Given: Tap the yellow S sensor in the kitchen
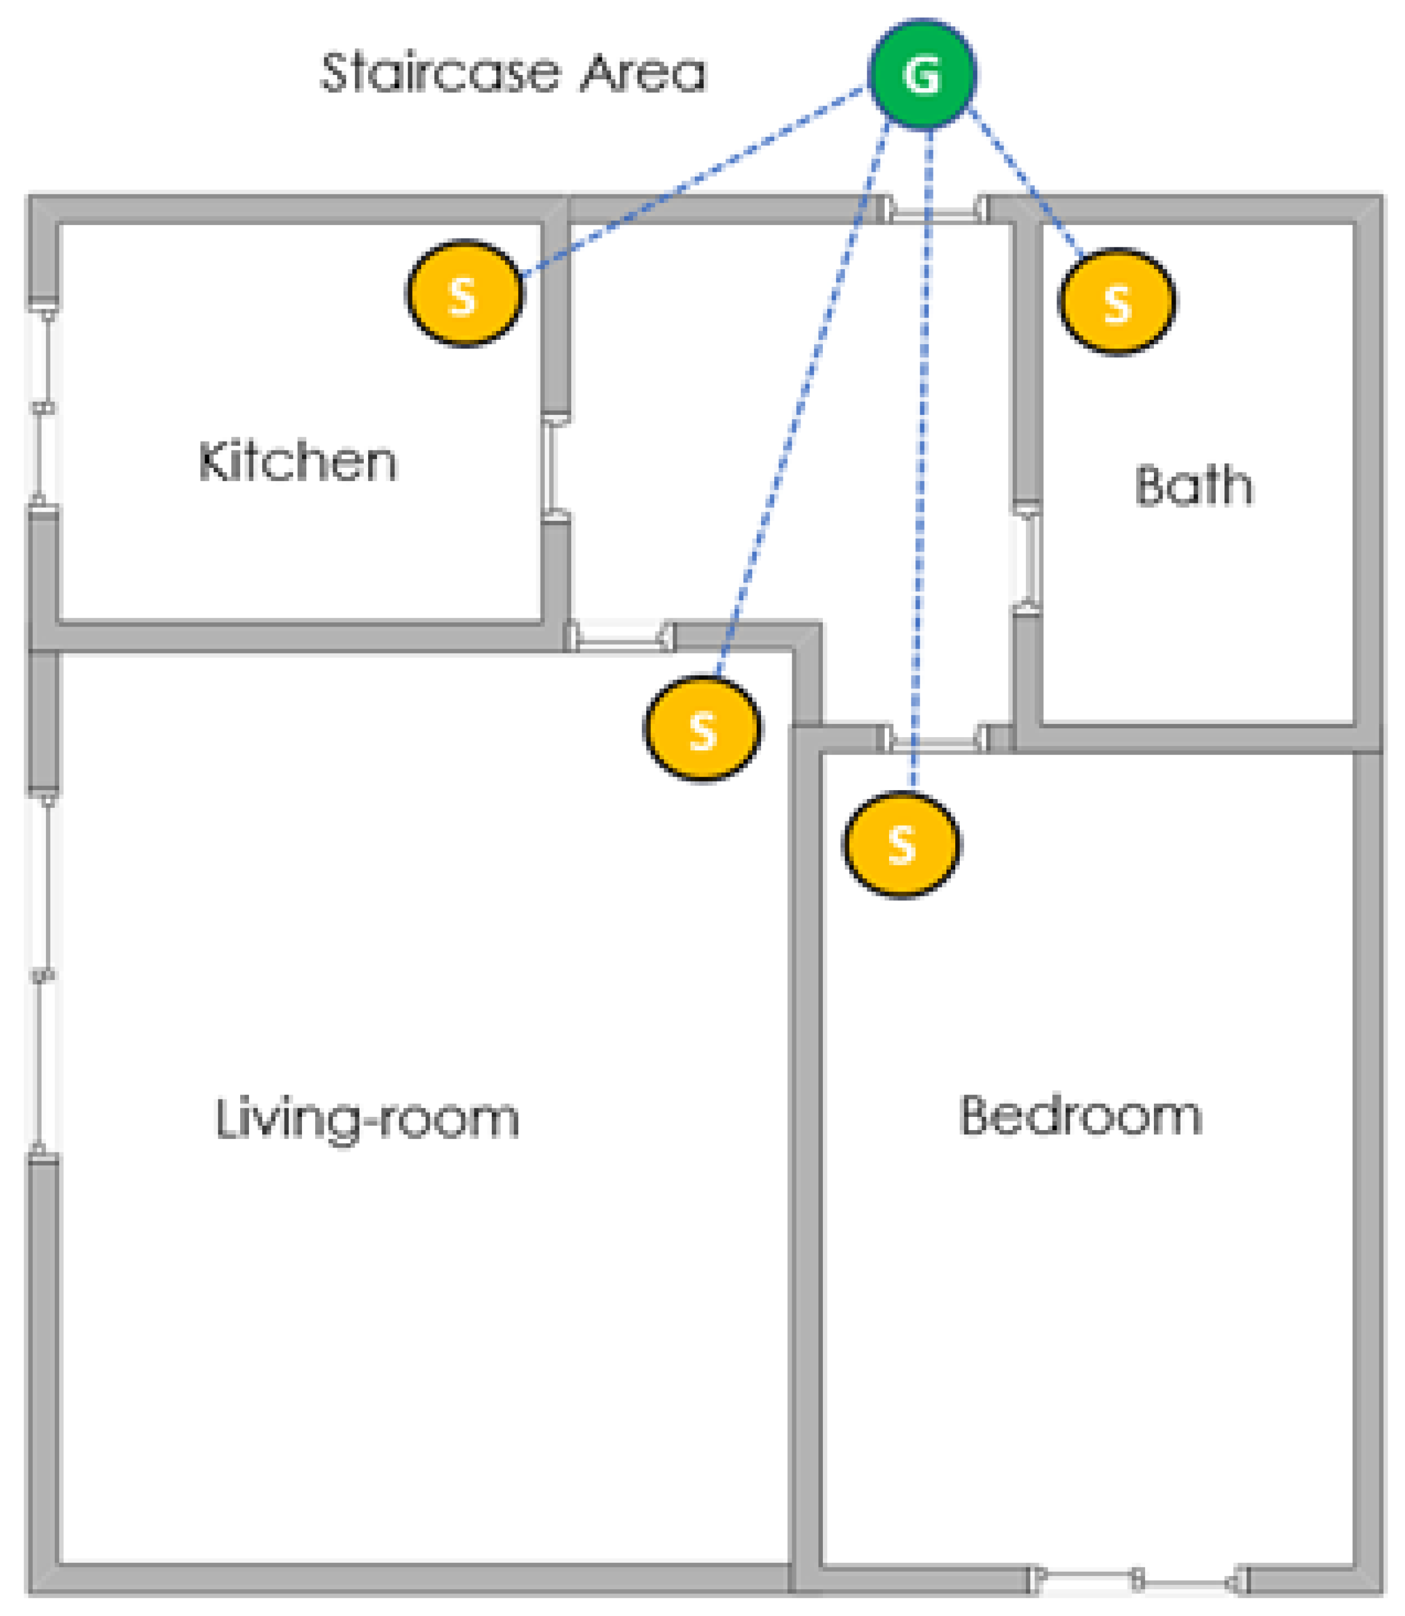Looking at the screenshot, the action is pyautogui.click(x=464, y=293).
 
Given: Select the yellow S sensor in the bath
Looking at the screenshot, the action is pyautogui.click(x=1117, y=302).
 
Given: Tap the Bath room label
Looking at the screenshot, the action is pyautogui.click(x=1194, y=485).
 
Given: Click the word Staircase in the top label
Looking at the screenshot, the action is pyautogui.click(x=440, y=72).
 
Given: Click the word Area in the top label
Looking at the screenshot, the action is pyautogui.click(x=643, y=73).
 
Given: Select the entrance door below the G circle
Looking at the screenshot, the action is pyautogui.click(x=933, y=210).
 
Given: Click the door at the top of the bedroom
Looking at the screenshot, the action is pyautogui.click(x=933, y=739).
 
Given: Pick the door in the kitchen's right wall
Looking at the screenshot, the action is pyautogui.click(x=556, y=467).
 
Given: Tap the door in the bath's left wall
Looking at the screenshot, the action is pyautogui.click(x=1026, y=558).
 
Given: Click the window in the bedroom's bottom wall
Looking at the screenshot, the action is pyautogui.click(x=1139, y=1579).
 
